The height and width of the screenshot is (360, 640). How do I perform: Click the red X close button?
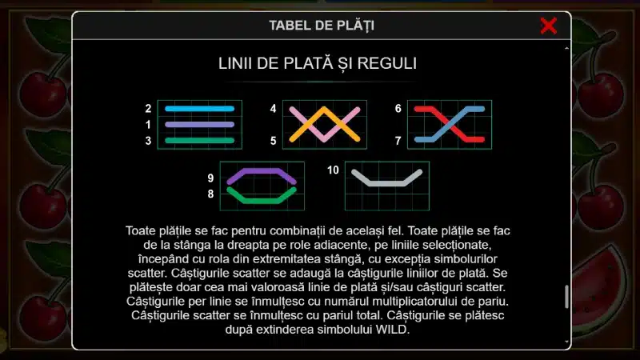pos(548,26)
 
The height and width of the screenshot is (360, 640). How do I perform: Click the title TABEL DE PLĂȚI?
pos(322,26)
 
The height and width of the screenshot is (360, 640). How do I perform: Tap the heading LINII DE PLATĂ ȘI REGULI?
pos(318,63)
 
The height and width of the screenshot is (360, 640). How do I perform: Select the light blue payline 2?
pos(199,109)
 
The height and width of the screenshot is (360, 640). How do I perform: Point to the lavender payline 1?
pos(199,125)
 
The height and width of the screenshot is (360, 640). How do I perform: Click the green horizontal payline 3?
pos(199,141)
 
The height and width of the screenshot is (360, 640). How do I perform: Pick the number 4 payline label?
pos(273,109)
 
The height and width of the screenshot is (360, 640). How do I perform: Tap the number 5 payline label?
pos(273,141)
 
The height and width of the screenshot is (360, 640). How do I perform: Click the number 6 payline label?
pos(398,109)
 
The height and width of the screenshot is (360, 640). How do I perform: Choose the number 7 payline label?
pos(398,141)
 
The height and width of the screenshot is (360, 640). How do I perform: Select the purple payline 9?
pos(262,170)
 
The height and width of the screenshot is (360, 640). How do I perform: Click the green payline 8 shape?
pos(262,201)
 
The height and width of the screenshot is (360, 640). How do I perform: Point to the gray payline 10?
pos(386,184)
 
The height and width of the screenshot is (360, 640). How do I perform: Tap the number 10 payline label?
pos(333,170)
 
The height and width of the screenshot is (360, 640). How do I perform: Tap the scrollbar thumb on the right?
pos(566,296)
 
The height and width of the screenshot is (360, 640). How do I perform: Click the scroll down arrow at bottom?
pos(566,342)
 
